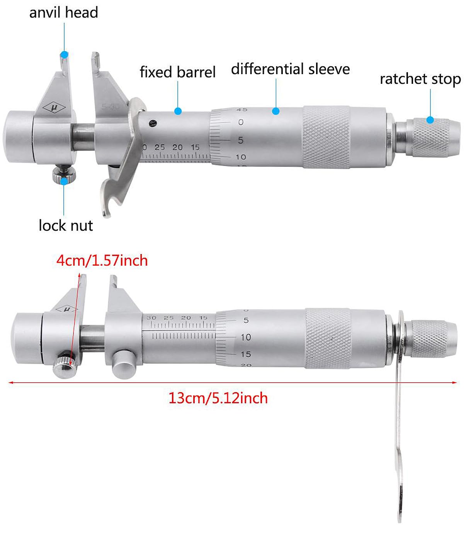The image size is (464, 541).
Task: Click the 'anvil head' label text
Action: (x=64, y=13)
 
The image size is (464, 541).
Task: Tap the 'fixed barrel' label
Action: (x=178, y=72)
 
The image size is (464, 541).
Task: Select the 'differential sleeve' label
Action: (x=291, y=70)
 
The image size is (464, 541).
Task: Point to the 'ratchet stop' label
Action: (x=420, y=79)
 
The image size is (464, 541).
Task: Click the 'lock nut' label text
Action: (x=66, y=226)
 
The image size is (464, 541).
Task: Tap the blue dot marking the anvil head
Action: (x=64, y=55)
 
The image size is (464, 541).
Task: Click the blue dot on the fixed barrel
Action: (x=178, y=111)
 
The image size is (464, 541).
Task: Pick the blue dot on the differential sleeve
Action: (x=276, y=111)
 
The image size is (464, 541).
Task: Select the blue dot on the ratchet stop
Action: (x=430, y=120)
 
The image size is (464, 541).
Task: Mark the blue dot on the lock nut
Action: (x=64, y=181)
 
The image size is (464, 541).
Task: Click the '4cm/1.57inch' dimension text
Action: (x=102, y=261)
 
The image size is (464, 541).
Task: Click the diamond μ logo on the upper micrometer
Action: (x=54, y=108)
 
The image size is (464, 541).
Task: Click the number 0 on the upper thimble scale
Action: (x=241, y=122)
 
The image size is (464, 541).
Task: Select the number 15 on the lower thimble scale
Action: (x=246, y=354)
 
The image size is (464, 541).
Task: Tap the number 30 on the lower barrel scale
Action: (x=151, y=318)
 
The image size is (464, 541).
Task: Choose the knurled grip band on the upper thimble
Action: (x=326, y=137)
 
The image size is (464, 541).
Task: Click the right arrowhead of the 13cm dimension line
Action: (x=454, y=383)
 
